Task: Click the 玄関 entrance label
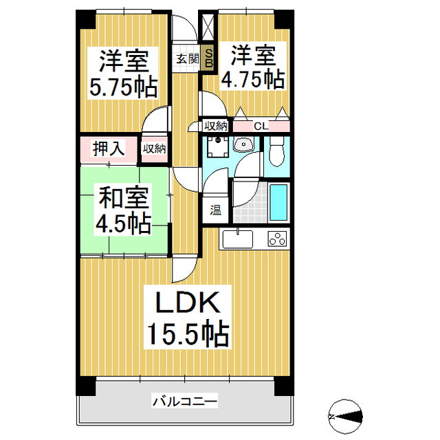[186, 58]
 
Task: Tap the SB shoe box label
[209, 58]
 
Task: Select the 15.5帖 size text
[186, 335]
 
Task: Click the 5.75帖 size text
[124, 87]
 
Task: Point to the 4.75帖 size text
[252, 79]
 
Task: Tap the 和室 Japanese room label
[124, 198]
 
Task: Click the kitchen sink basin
[238, 240]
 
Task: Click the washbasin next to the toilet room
[243, 145]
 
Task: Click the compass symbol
[347, 415]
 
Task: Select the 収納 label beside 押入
[154, 148]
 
